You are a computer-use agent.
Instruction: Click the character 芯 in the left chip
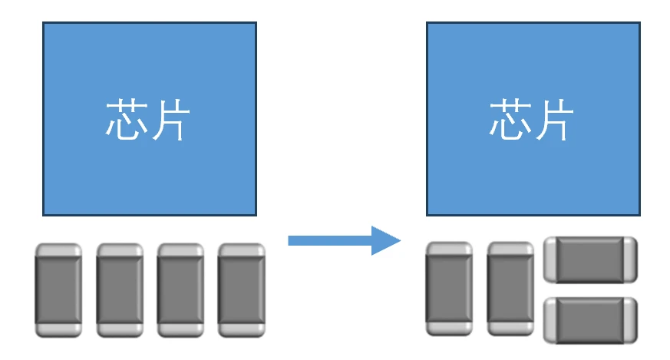click(125, 120)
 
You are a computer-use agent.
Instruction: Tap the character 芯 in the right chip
click(510, 120)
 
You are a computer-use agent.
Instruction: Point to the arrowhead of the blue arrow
click(388, 240)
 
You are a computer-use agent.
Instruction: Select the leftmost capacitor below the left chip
click(58, 290)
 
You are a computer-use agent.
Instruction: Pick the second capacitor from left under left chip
click(120, 290)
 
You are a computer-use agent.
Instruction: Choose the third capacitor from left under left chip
click(180, 290)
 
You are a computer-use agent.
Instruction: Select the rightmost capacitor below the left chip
click(241, 290)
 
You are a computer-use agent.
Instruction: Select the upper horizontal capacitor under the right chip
click(590, 259)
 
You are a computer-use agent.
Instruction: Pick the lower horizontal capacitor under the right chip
click(590, 320)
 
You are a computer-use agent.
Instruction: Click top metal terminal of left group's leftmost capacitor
click(58, 251)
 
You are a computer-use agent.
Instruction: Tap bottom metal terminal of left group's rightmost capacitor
click(241, 329)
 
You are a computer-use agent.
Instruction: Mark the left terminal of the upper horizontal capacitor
click(550, 259)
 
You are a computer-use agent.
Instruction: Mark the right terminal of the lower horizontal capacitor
click(630, 320)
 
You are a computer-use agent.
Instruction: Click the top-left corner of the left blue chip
click(44, 23)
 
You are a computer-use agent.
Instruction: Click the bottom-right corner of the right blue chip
click(639, 215)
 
